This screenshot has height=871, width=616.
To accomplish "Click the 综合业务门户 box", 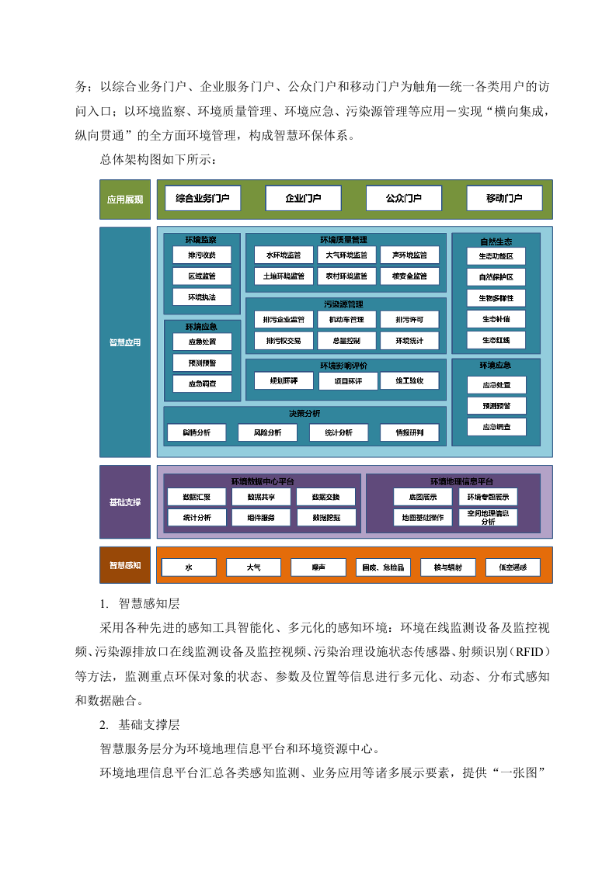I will click(202, 199).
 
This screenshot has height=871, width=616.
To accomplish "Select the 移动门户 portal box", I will click(504, 199).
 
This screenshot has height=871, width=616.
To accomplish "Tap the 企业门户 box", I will click(303, 199).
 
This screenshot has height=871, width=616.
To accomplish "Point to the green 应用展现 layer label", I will click(125, 200).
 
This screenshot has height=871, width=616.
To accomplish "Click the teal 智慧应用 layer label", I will click(125, 342).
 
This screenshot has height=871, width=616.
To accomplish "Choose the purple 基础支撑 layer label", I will click(125, 502).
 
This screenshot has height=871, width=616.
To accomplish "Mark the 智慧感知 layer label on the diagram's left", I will click(125, 565).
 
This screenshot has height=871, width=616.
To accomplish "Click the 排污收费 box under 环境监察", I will click(202, 255).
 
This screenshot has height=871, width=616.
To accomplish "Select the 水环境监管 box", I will click(283, 255).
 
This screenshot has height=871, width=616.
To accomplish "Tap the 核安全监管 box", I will click(409, 275).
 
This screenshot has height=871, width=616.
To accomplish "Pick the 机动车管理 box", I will click(346, 319).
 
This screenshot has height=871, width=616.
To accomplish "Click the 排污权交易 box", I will click(283, 340).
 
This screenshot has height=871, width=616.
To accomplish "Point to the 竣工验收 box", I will click(409, 380).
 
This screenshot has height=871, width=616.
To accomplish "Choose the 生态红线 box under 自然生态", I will click(496, 340).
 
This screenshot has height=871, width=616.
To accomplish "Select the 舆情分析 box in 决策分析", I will click(197, 432).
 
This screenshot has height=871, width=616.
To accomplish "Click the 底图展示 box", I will click(421, 497).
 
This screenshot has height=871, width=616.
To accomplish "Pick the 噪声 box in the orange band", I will click(318, 567).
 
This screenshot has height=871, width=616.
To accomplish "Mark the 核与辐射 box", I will click(448, 567).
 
